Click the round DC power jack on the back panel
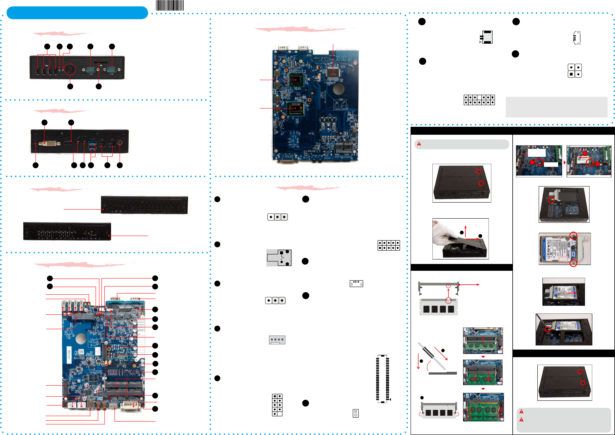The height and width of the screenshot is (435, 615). (119, 143)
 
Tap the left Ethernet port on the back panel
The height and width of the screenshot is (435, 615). (102, 145)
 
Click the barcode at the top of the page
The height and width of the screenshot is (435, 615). (170, 5)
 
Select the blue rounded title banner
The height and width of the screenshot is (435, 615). (77, 13)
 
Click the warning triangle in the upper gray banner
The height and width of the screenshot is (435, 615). (419, 144)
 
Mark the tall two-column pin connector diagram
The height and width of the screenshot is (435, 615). (382, 379)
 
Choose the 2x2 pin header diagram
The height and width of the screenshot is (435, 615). (575, 71)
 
